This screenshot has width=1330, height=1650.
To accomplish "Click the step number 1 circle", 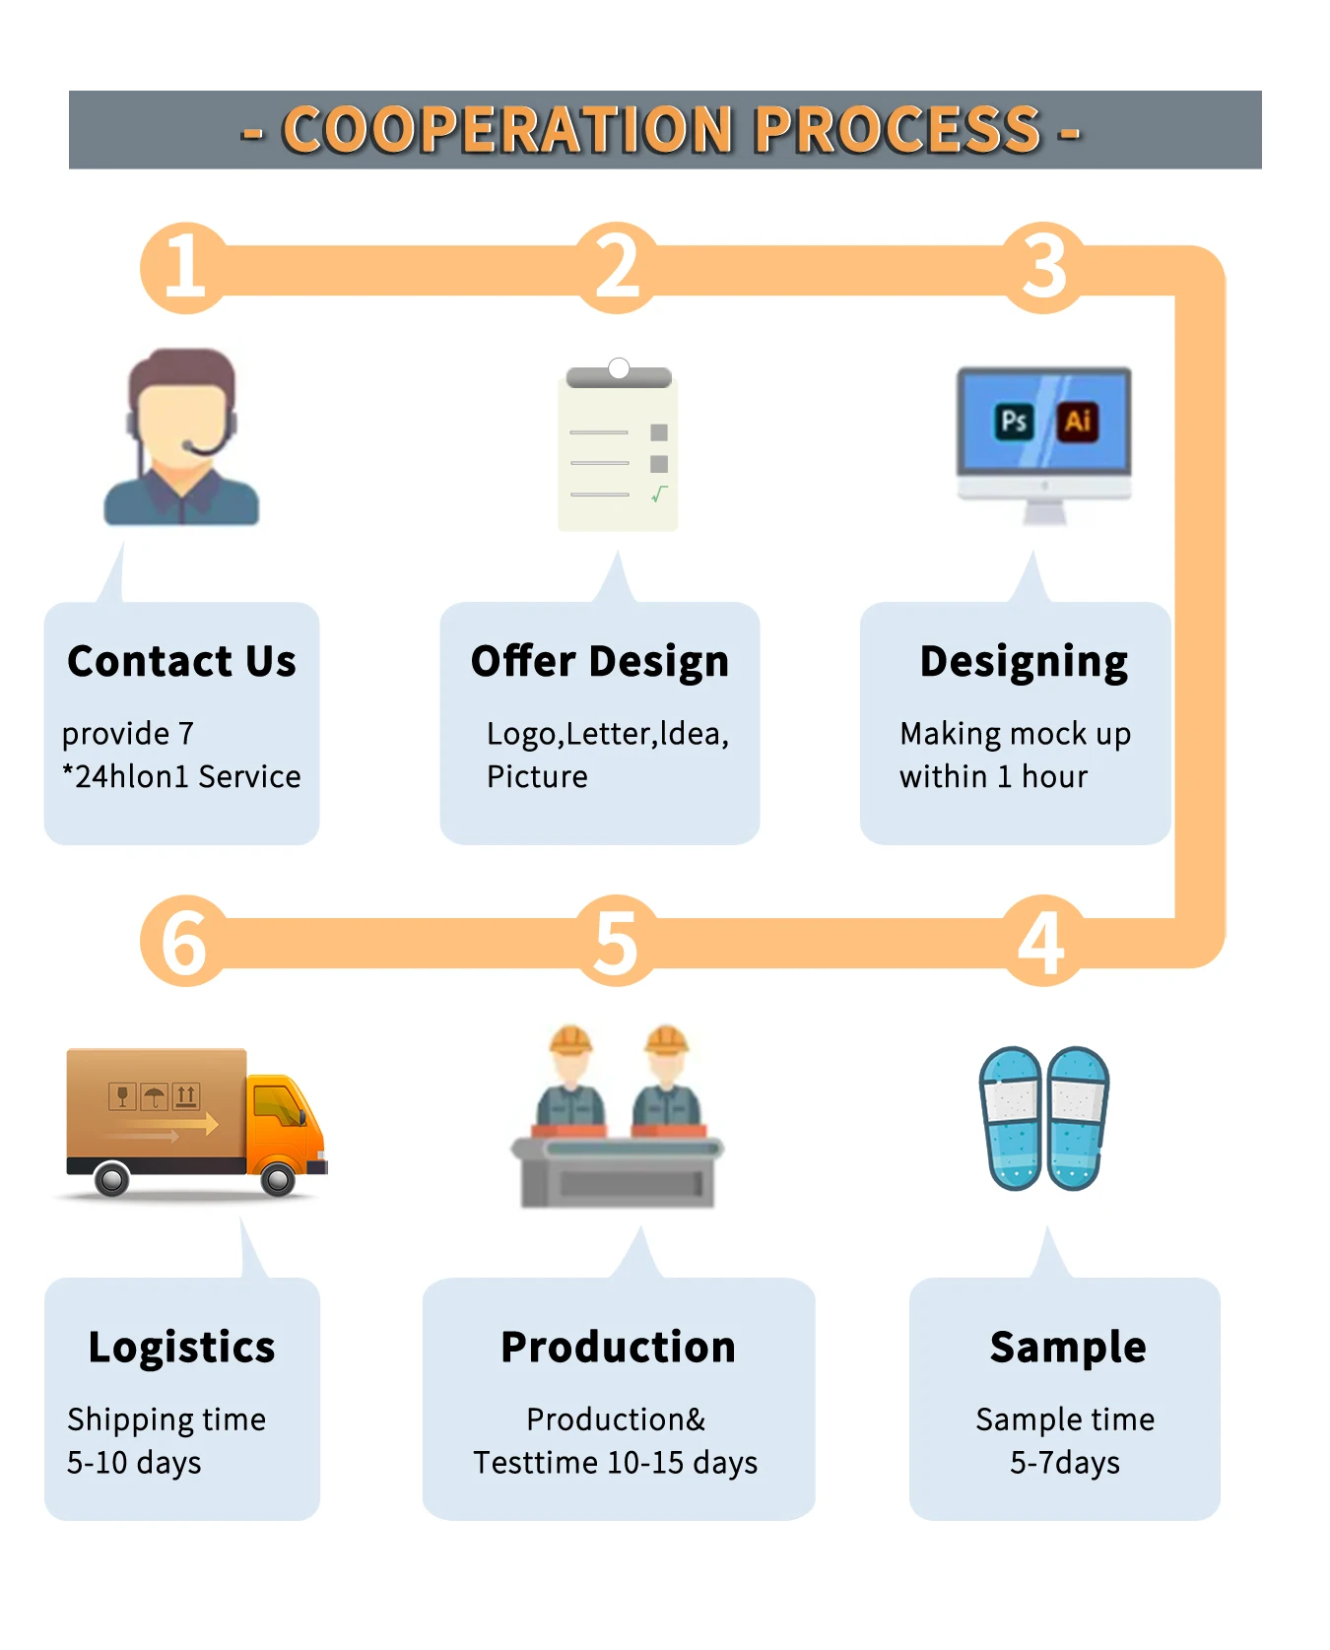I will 184,268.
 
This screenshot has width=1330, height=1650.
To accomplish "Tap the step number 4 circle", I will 1043,942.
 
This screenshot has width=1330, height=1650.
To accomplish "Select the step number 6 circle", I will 184,942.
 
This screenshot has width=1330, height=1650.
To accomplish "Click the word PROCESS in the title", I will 898,130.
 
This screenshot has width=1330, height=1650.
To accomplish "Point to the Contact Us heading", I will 181,661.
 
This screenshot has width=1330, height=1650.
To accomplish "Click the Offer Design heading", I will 599,661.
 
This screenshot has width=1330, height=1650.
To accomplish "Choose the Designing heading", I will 1024,661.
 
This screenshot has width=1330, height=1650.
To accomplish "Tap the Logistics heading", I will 181,1347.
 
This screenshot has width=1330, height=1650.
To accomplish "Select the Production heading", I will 618,1347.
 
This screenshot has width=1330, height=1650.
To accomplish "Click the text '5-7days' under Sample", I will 1065,1463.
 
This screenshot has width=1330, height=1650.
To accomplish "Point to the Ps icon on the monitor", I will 1014,422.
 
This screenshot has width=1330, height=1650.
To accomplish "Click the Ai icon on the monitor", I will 1078,422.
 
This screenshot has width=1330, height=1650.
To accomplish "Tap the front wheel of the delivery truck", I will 278,1178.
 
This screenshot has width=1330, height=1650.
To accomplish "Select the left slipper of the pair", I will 1011,1117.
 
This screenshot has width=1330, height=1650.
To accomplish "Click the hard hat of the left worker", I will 570,1039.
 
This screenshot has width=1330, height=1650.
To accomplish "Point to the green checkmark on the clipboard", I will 659,494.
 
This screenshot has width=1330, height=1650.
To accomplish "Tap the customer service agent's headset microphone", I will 189,448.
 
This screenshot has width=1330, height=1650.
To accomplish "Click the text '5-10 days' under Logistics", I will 134,1463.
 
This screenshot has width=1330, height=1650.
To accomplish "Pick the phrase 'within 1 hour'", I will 993,777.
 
